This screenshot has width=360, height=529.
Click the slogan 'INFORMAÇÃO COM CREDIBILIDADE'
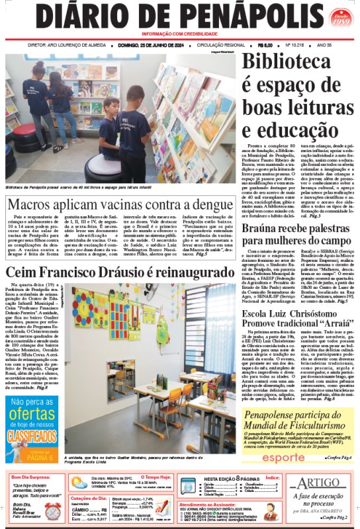[x=179, y=33]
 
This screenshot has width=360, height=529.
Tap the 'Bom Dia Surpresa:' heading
[x=33, y=476]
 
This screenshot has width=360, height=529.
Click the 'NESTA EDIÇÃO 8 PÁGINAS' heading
[x=228, y=477]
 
